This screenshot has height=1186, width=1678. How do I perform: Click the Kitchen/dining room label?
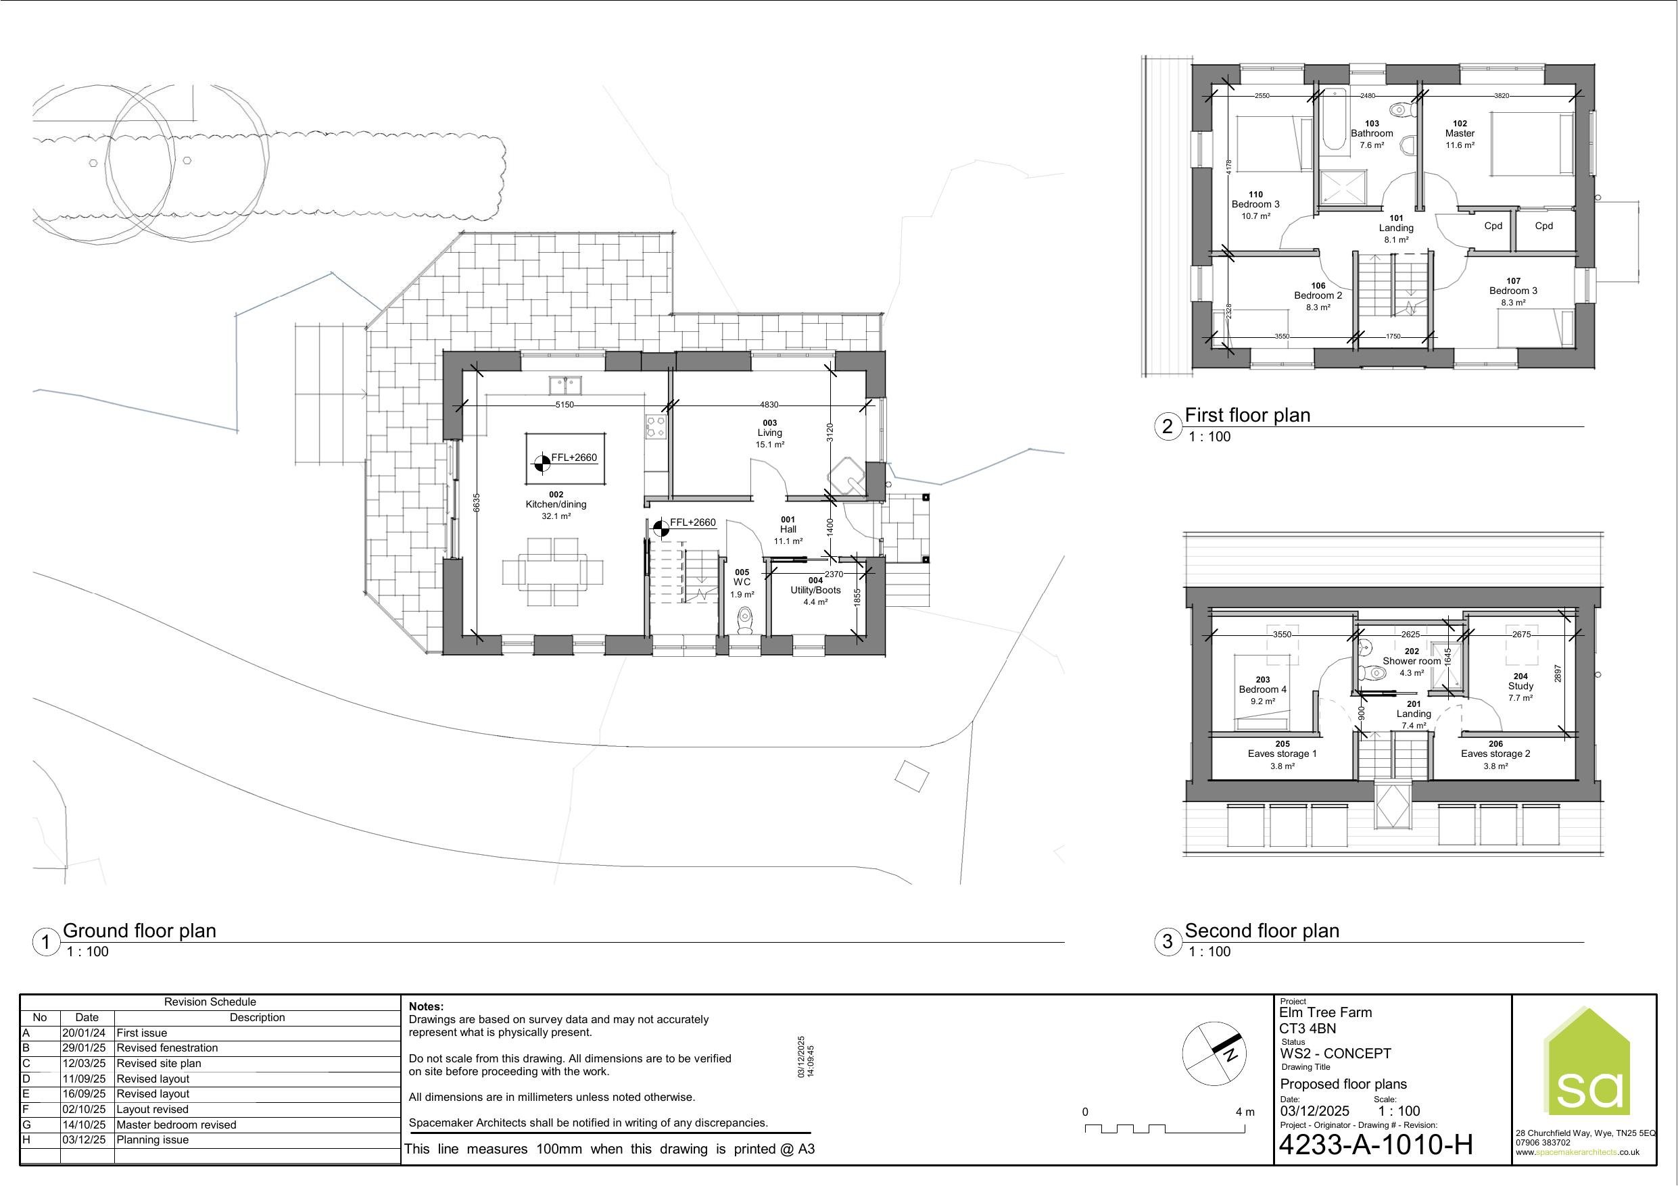coord(556,504)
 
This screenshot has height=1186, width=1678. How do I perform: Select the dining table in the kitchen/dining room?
coord(553,572)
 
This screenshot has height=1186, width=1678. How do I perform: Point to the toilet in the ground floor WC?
coord(746,620)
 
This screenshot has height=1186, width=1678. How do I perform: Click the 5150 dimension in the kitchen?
coord(565,404)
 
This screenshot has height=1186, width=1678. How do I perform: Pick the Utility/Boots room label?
coord(815,591)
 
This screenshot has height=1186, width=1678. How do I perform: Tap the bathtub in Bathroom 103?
coord(1335,119)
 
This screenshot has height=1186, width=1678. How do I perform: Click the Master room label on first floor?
coord(1460,134)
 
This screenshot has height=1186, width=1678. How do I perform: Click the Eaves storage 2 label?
coord(1495,754)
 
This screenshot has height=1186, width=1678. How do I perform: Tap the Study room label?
coord(1521,686)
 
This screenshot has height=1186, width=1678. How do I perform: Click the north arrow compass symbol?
coord(1214,1053)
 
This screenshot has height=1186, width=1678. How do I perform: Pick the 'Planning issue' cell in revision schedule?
coord(153,1140)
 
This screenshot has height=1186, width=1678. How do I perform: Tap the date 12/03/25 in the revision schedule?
coord(84,1063)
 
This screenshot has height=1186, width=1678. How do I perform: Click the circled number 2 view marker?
coord(1167,426)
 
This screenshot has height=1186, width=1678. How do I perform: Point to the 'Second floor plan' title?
coord(1262,931)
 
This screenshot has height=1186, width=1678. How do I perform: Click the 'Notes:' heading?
coord(426,1007)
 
